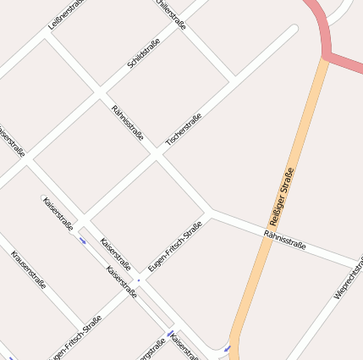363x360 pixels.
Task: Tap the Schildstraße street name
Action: (x=143, y=53)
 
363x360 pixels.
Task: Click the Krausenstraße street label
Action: (x=28, y=270)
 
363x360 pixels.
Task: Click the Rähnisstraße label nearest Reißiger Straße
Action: (x=284, y=239)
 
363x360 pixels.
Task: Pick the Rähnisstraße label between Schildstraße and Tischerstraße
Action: (x=128, y=123)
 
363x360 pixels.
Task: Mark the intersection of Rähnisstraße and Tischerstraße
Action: (x=157, y=155)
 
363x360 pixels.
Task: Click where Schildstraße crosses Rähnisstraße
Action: (x=101, y=91)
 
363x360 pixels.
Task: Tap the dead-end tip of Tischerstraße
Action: (x=293, y=30)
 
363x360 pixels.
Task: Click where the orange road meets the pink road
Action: (x=324, y=57)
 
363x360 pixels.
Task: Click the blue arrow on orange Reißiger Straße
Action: (x=227, y=347)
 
